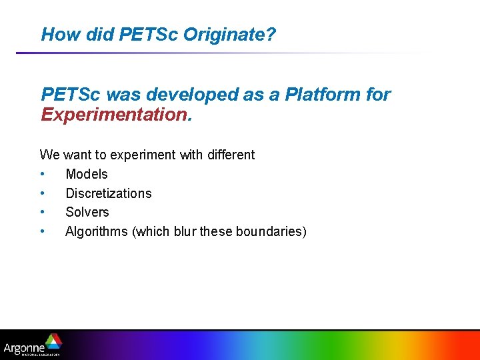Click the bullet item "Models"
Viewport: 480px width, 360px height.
click(86, 174)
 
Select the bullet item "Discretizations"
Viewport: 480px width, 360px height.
click(108, 193)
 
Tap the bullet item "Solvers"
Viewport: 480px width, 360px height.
click(87, 212)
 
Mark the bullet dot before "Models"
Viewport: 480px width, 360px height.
click(42, 174)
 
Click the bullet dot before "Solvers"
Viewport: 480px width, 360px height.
click(42, 212)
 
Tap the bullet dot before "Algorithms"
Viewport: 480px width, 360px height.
click(42, 231)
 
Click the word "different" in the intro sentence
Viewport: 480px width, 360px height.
click(229, 155)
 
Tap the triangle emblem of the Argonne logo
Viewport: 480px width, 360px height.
click(53, 341)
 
